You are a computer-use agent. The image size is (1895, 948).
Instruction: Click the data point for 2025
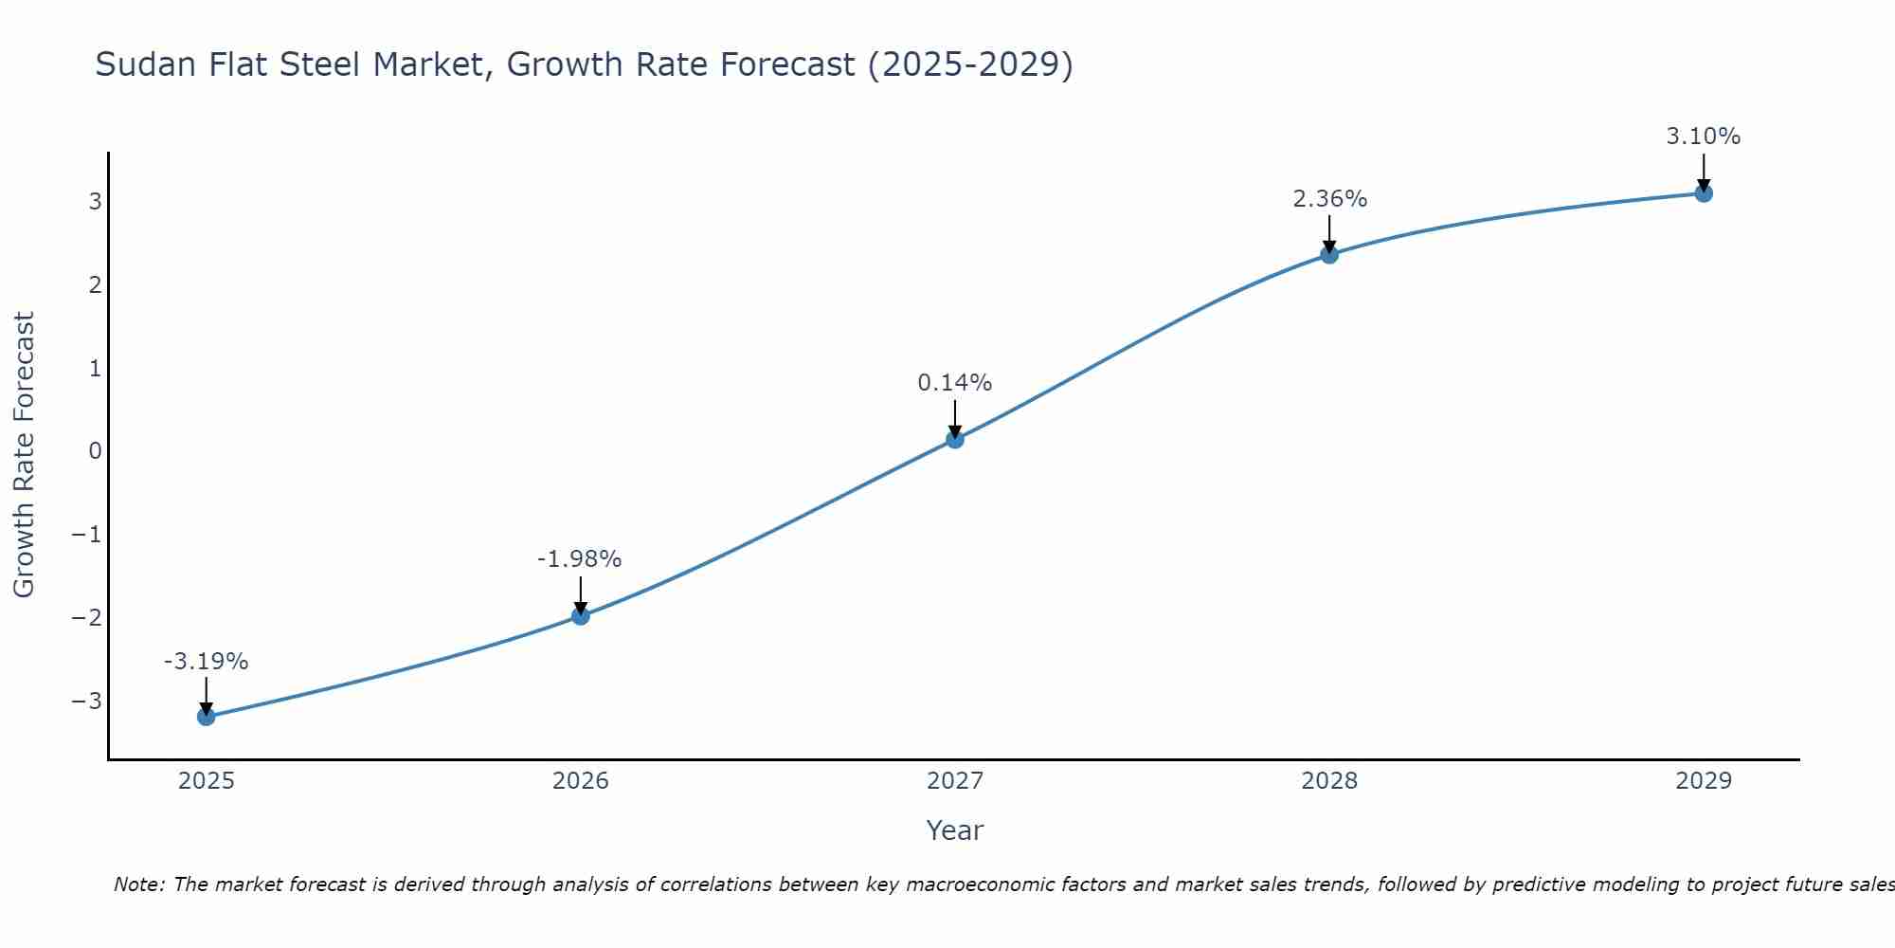[x=206, y=717]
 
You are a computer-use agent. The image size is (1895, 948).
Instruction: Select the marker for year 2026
[x=581, y=616]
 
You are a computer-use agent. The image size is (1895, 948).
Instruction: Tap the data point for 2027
[x=955, y=439]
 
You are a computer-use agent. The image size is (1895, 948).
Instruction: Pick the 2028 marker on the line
[x=1329, y=254]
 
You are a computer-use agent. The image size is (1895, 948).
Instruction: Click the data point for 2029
[x=1704, y=193]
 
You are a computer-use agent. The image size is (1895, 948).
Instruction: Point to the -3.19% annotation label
[x=206, y=662]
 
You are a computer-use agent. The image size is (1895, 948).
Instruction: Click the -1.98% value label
[x=579, y=559]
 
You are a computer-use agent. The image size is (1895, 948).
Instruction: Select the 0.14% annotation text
[x=954, y=383]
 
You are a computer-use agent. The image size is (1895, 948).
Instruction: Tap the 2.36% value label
[x=1329, y=199]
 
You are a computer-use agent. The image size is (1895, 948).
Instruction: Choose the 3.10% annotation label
[x=1703, y=137]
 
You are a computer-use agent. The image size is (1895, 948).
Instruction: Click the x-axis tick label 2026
[x=581, y=781]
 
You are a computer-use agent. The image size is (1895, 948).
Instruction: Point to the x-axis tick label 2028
[x=1329, y=781]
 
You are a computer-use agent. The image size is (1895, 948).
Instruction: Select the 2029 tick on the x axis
[x=1704, y=781]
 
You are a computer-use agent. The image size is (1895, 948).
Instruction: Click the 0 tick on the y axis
[x=95, y=451]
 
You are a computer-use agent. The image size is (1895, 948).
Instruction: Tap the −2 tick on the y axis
[x=87, y=618]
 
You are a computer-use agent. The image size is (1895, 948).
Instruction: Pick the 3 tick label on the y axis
[x=95, y=202]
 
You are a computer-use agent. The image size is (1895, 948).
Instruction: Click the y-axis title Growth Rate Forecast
[x=24, y=455]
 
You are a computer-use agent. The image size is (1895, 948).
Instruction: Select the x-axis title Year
[x=954, y=830]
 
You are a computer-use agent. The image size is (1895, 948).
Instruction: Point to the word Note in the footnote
[x=138, y=884]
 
